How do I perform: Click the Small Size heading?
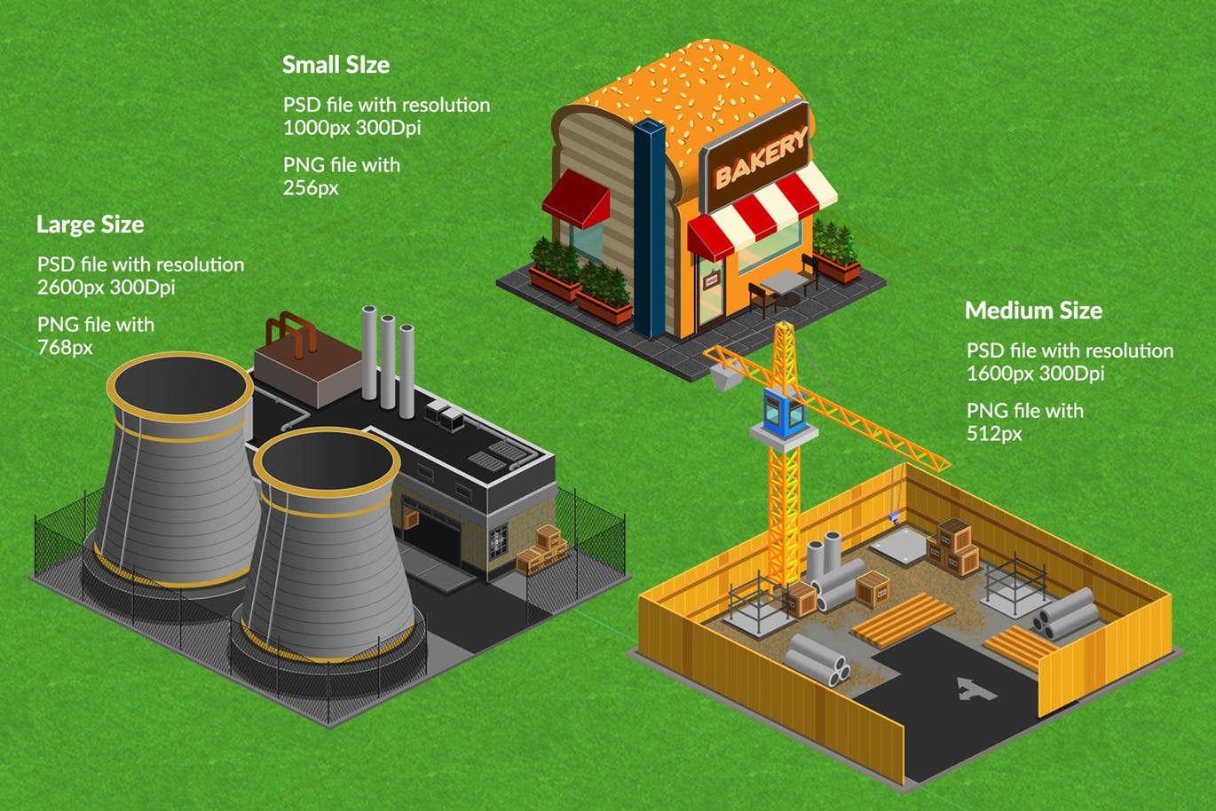click(x=336, y=65)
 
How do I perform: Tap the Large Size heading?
click(x=91, y=224)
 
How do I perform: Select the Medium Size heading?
click(x=1033, y=311)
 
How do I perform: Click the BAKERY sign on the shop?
click(x=757, y=157)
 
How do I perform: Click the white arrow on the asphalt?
click(x=975, y=690)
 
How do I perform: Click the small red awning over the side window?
click(x=577, y=199)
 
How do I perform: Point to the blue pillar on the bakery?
click(x=649, y=228)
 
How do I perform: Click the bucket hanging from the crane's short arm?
click(x=724, y=376)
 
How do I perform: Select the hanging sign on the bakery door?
click(x=711, y=280)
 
